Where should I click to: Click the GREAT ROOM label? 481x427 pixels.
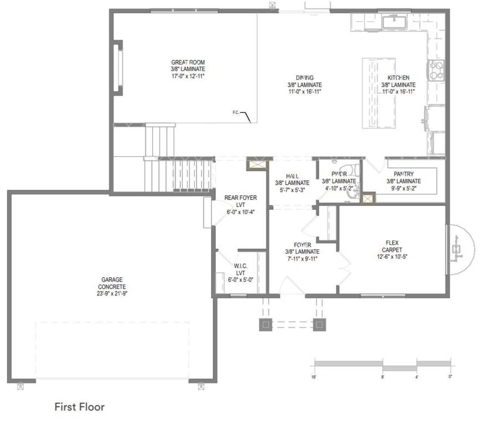point(188,62)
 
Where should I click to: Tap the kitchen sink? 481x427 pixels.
point(394,22)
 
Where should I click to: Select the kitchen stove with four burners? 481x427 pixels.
point(436,70)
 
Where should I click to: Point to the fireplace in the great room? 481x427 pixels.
point(118,68)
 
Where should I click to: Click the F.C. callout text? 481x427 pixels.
point(236,112)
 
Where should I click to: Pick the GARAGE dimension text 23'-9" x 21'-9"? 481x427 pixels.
point(112,293)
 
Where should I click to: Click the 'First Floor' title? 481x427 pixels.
point(79,407)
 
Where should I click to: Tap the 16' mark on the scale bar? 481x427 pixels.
point(313,377)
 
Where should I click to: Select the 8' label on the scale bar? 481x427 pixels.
point(382,377)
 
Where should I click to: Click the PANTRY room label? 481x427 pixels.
point(404,174)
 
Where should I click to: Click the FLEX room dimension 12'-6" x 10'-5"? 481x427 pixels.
point(392,257)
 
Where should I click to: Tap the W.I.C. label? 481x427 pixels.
point(240,266)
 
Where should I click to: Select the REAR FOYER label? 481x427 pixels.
point(240,198)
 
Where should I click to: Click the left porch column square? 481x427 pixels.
point(266,324)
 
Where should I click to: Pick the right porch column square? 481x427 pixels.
point(319,324)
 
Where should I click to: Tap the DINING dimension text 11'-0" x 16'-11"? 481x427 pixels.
point(305,92)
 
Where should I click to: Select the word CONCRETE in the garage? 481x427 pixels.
point(112,286)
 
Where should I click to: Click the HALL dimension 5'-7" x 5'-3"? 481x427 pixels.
point(292,190)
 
